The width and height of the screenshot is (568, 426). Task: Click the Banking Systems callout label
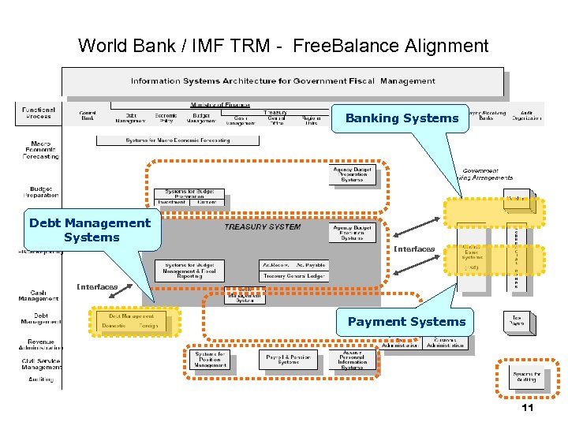click(x=402, y=118)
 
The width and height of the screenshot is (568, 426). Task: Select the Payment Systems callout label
click(x=406, y=321)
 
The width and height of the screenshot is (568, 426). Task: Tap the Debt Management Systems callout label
click(x=90, y=230)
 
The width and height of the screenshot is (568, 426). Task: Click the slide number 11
click(x=528, y=408)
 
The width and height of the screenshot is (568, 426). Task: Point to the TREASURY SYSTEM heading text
click(x=262, y=227)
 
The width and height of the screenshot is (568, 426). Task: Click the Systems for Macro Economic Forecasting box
click(x=177, y=140)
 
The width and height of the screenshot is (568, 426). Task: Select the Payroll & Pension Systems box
click(x=288, y=359)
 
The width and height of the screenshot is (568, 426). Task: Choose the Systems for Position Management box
click(x=211, y=360)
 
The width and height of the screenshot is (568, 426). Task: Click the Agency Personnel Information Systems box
click(x=352, y=360)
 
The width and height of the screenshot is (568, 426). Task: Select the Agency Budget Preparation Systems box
click(x=352, y=174)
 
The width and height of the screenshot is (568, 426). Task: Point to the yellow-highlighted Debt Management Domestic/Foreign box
click(x=133, y=320)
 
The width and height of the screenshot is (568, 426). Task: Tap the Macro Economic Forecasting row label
click(x=39, y=149)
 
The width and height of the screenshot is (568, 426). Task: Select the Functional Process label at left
click(x=39, y=114)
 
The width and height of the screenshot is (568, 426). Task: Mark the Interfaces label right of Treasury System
click(x=414, y=249)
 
